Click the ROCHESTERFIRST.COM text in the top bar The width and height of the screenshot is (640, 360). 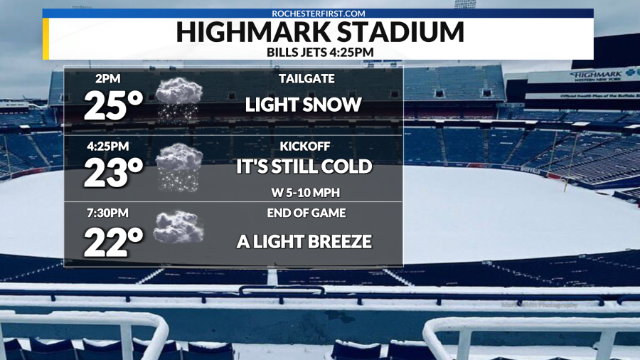(318, 13)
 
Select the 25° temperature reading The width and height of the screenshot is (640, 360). (114, 105)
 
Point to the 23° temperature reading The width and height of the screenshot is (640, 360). (114, 174)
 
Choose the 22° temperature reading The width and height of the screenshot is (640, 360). (114, 243)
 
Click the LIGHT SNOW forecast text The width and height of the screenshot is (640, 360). (304, 105)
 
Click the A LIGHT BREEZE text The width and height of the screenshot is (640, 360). (304, 241)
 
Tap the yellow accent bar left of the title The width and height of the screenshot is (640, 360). (46, 38)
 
